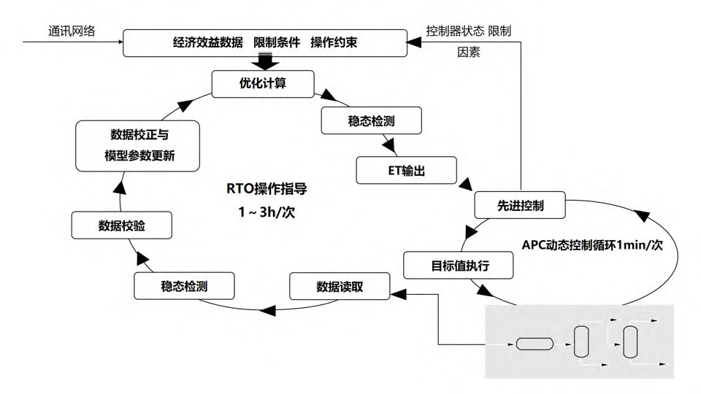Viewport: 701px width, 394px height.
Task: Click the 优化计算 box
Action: point(263,84)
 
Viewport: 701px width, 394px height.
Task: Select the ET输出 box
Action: point(407,171)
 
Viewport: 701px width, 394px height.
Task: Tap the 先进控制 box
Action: point(521,205)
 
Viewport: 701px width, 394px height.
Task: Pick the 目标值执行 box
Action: point(459,265)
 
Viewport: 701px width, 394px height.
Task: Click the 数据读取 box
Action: point(340,286)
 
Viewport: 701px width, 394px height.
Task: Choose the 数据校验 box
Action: point(122,225)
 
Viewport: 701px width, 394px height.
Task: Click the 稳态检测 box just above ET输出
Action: point(372,121)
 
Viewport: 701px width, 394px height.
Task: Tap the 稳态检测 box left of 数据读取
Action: point(184,286)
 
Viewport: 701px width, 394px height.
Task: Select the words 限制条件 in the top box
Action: point(277,42)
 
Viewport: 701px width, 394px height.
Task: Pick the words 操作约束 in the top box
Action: point(334,42)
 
